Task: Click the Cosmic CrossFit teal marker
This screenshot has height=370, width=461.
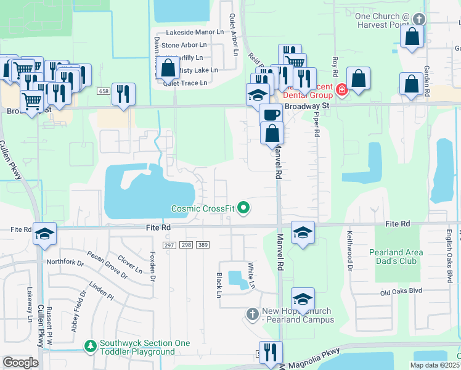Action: pos(243,208)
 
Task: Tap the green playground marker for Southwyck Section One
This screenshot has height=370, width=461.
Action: pos(91,345)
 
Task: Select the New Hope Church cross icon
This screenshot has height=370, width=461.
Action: pos(251,314)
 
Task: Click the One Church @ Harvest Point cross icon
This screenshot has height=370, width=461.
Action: pos(420,20)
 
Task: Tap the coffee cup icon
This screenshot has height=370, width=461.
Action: pos(271,114)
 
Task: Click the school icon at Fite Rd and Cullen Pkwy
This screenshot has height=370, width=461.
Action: pos(45,233)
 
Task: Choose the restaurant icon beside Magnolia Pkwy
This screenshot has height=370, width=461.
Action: pos(271,352)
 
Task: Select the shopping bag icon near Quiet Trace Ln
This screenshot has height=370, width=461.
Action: pos(168,68)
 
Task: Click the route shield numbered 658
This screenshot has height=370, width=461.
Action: pos(104,91)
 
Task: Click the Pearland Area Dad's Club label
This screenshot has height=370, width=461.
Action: pos(396,257)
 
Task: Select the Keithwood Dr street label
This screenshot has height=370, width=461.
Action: pos(349,259)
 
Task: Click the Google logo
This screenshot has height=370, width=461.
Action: pos(20,363)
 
